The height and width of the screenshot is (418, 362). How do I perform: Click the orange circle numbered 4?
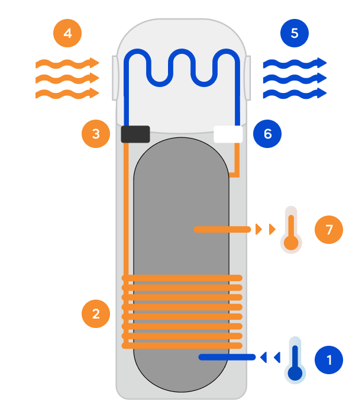pyautogui.click(x=68, y=33)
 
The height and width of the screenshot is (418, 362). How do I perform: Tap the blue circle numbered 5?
pyautogui.click(x=295, y=33)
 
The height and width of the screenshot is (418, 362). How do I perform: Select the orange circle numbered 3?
pyautogui.click(x=96, y=134)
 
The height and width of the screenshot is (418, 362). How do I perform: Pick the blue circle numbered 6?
pyautogui.click(x=267, y=134)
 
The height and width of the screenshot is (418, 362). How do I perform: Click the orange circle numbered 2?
pyautogui.click(x=96, y=313)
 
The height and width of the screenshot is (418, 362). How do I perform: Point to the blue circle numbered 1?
pyautogui.click(x=329, y=359)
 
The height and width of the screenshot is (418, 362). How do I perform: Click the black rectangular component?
pyautogui.click(x=135, y=134)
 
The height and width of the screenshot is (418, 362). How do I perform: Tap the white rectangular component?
pyautogui.click(x=228, y=134)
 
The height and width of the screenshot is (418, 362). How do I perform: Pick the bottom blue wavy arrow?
pyautogui.click(x=294, y=93)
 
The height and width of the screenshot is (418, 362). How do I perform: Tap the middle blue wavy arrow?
pyautogui.click(x=294, y=78)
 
